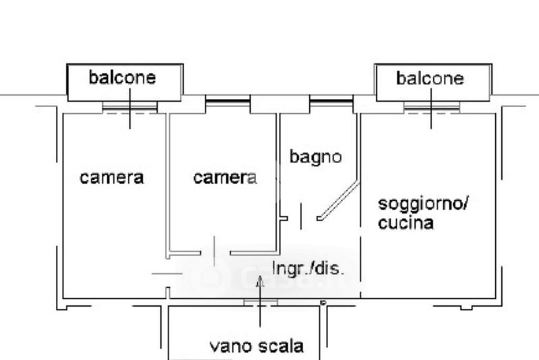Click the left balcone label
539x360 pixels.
click(x=122, y=78)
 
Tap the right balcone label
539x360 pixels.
click(x=430, y=78)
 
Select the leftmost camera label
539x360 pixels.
click(x=111, y=178)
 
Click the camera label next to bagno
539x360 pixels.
click(x=224, y=178)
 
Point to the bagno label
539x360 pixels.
click(x=315, y=157)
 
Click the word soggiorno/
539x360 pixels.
click(x=422, y=204)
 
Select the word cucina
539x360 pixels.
click(x=405, y=223)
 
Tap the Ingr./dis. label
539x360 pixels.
click(x=307, y=268)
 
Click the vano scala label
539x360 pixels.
click(x=256, y=347)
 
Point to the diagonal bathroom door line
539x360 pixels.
click(x=339, y=200)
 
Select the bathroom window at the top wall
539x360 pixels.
click(x=331, y=102)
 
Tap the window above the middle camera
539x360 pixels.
click(x=227, y=102)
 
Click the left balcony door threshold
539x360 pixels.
click(x=129, y=107)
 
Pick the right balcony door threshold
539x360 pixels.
click(x=431, y=107)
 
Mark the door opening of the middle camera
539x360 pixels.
click(x=215, y=253)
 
